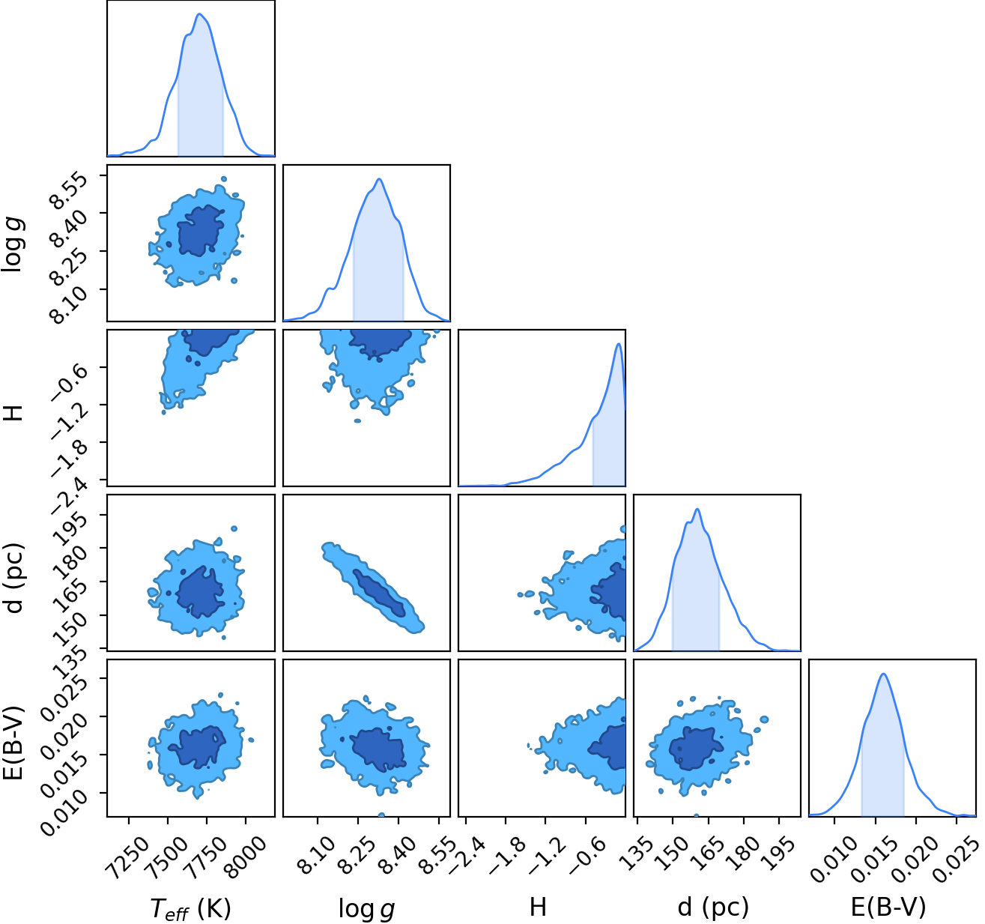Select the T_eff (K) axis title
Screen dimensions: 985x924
click(190, 908)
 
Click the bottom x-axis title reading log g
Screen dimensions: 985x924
click(366, 908)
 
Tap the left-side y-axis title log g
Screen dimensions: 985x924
click(13, 245)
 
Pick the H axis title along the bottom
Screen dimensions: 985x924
click(538, 908)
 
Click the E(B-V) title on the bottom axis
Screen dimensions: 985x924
click(888, 908)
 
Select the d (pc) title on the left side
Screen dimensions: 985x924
click(13, 578)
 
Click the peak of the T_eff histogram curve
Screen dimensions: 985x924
click(199, 14)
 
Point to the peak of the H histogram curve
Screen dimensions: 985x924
click(619, 343)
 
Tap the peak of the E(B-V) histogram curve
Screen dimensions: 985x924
click(883, 674)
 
